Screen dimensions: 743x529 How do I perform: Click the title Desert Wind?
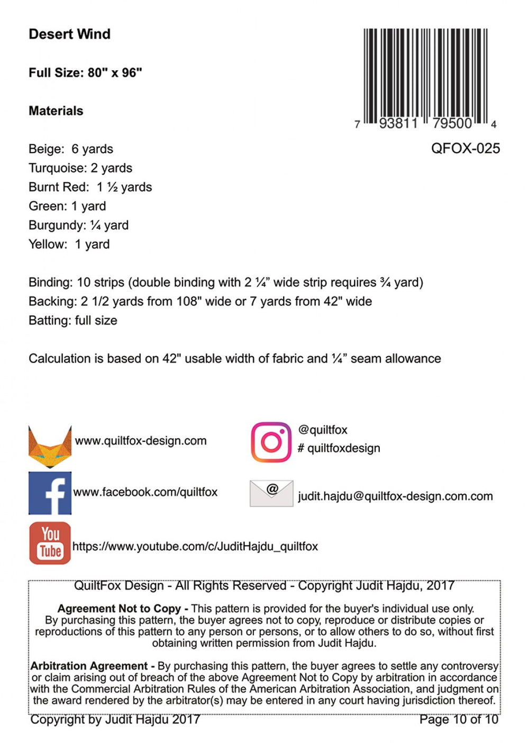pyautogui.click(x=69, y=34)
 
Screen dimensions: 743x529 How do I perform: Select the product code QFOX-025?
pyautogui.click(x=465, y=148)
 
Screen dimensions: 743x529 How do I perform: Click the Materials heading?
pyautogui.click(x=56, y=111)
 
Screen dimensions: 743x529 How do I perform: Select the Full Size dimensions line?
pyautogui.click(x=85, y=72)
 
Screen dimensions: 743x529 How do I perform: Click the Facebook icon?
pyautogui.click(x=50, y=493)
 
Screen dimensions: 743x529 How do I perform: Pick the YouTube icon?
pyautogui.click(x=50, y=543)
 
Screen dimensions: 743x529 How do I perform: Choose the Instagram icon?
pyautogui.click(x=271, y=442)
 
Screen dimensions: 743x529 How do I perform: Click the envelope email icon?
pyautogui.click(x=271, y=493)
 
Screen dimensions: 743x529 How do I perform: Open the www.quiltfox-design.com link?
pyautogui.click(x=141, y=441)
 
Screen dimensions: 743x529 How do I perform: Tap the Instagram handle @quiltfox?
pyautogui.click(x=323, y=430)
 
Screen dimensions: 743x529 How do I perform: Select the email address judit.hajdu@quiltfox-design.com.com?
pyautogui.click(x=395, y=496)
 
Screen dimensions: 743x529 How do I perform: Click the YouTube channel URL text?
pyautogui.click(x=195, y=546)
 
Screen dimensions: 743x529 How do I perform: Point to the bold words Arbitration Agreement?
pyautogui.click(x=89, y=666)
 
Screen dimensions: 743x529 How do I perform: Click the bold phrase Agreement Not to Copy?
pyautogui.click(x=119, y=609)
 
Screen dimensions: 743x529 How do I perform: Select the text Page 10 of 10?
pyautogui.click(x=459, y=719)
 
